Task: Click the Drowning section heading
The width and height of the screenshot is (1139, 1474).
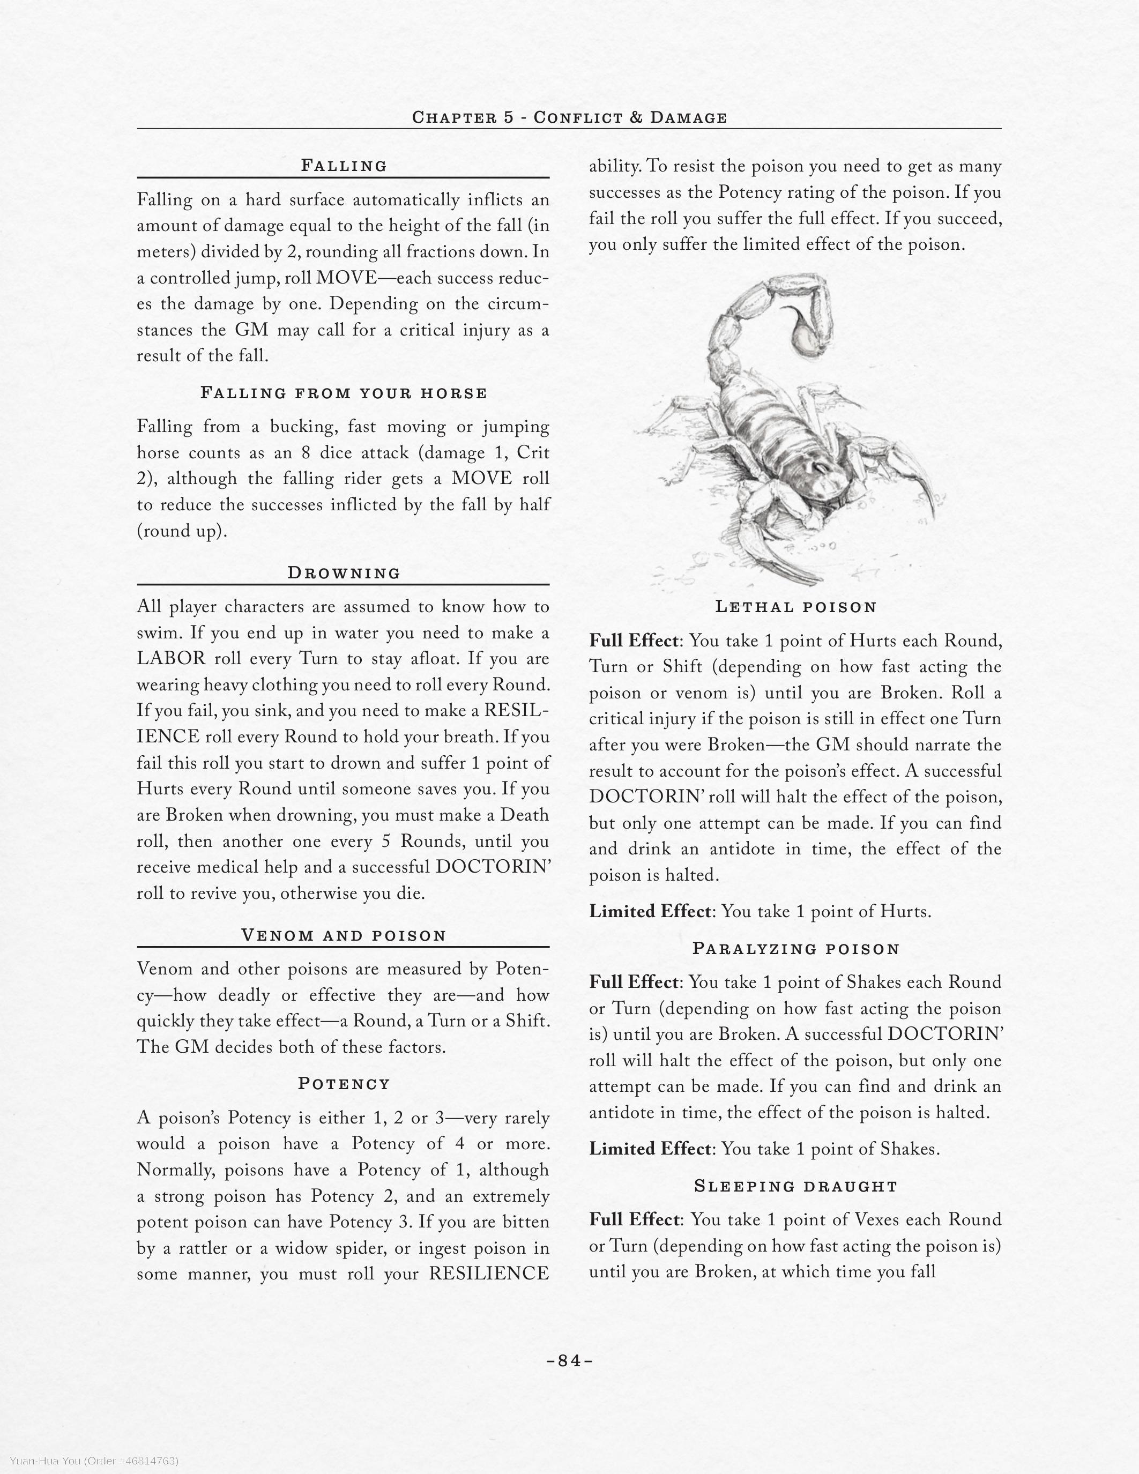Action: [x=344, y=573]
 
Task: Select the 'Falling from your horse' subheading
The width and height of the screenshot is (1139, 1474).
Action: [x=344, y=393]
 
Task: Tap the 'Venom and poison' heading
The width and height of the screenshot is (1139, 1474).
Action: [x=344, y=935]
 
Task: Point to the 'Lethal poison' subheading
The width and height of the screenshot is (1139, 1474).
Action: [x=795, y=607]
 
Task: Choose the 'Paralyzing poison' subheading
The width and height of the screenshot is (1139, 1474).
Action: [x=795, y=949]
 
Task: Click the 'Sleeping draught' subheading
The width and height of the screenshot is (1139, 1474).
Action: [x=795, y=1186]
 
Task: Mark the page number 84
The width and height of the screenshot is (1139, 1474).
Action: [x=569, y=1360]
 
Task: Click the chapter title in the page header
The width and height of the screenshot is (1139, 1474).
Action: [x=569, y=117]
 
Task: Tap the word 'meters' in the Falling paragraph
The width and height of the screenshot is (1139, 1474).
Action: [x=162, y=252]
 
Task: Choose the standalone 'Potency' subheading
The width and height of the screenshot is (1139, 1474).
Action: [x=344, y=1084]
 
